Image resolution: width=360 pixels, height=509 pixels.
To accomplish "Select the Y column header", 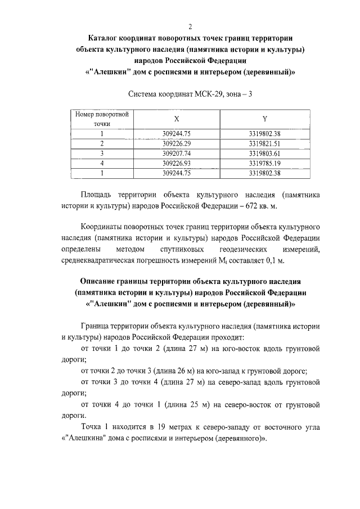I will (264, 119).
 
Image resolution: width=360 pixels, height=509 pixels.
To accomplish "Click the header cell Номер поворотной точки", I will (102, 119).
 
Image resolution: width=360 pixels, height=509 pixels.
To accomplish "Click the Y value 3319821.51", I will (264, 143).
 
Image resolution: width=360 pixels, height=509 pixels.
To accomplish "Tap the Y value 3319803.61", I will (264, 153).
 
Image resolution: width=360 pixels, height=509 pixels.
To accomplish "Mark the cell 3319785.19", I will (264, 163).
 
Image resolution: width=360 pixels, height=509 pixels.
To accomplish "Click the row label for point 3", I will (102, 153).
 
